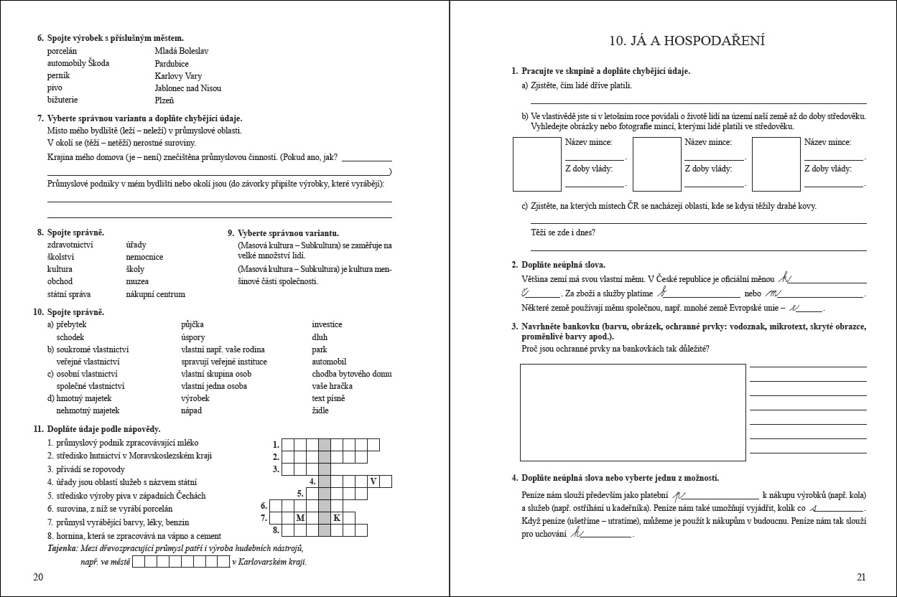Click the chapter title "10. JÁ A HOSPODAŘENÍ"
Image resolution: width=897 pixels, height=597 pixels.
pos(687,41)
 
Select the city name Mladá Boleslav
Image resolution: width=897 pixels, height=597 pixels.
pos(180,51)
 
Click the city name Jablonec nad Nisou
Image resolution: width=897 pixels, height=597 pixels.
pos(187,88)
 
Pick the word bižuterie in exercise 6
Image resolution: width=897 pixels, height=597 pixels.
pos(62,100)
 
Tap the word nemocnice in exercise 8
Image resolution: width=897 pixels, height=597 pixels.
pos(144,257)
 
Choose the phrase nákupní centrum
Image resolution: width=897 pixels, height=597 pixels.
pos(155,294)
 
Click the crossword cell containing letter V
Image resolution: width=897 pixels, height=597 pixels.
pos(373,481)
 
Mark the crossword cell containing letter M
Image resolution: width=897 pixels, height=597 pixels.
pos(300,518)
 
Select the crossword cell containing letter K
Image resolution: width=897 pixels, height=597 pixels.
pos(336,518)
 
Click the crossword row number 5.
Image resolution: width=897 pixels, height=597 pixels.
pos(300,494)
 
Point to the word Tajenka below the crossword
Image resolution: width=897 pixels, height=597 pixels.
pos(62,549)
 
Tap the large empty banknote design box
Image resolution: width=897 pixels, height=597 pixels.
pos(632,412)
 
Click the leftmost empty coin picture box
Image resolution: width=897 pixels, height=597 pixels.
pos(536,164)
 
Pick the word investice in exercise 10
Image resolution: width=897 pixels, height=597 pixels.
pos(327,324)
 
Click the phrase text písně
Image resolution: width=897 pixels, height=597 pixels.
pos(328,398)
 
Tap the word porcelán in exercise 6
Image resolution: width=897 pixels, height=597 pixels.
pos(62,51)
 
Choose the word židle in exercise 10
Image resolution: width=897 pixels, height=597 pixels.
pos(320,410)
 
